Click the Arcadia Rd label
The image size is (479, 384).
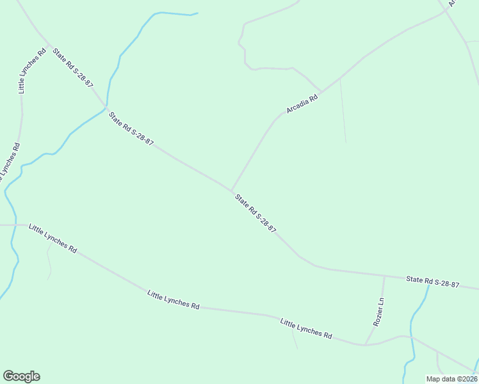pos(302,104)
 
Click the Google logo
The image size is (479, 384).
pos(21,376)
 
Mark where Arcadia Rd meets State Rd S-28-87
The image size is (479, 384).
pos(231,189)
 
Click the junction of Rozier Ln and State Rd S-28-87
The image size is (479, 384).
pos(384,276)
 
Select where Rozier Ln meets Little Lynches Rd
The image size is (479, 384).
pos(365,345)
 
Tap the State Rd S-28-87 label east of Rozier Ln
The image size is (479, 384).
pos(433,282)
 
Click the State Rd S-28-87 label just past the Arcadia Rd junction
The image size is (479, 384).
pos(256,213)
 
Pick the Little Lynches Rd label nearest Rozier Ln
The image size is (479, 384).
pos(306,328)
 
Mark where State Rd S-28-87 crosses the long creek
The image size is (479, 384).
pos(106,107)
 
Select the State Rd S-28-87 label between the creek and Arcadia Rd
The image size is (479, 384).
pos(131,129)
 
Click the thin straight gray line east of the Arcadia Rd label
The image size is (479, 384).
pos(343,111)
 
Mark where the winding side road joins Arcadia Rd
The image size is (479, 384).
pos(320,91)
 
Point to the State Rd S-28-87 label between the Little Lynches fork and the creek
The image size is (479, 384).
pos(74,67)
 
